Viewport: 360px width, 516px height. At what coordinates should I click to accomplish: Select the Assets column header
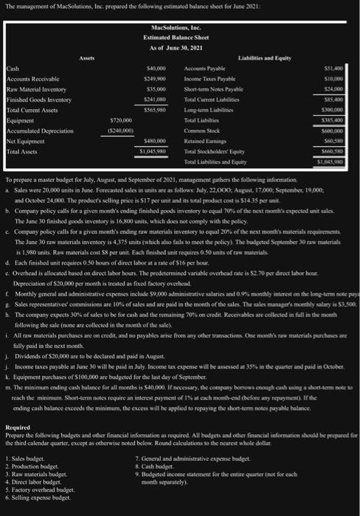coord(86,55)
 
